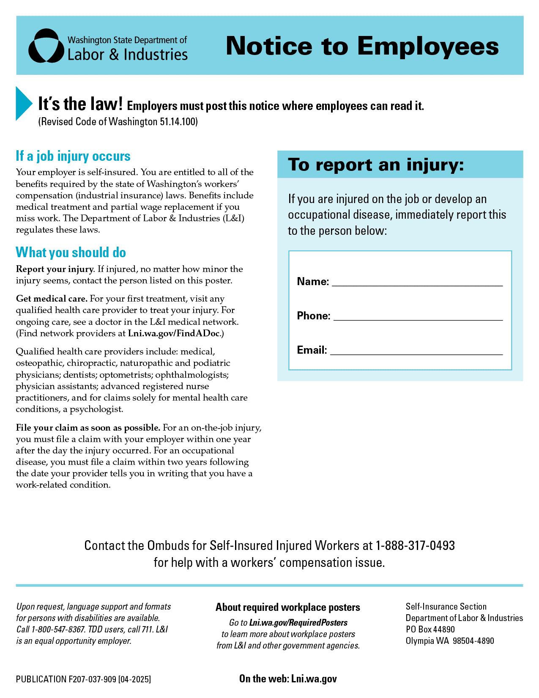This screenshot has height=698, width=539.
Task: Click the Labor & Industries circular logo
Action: pyautogui.click(x=46, y=46)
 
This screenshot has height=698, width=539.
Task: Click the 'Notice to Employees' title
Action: pyautogui.click(x=362, y=46)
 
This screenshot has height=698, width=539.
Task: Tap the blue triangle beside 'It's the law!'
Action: pyautogui.click(x=23, y=103)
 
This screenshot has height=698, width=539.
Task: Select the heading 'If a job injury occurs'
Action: pyautogui.click(x=73, y=156)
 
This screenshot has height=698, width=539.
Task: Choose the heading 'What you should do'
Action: pyautogui.click(x=71, y=253)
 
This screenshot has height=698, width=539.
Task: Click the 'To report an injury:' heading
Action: pyautogui.click(x=376, y=165)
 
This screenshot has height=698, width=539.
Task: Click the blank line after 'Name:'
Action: pyautogui.click(x=417, y=283)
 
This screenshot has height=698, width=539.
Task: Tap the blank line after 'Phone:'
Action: pyautogui.click(x=418, y=317)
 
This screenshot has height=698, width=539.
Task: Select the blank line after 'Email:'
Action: pyautogui.click(x=416, y=351)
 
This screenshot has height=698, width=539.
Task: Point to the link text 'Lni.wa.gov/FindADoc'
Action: pyautogui.click(x=174, y=333)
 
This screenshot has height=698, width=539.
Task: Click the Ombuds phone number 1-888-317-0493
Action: pyautogui.click(x=415, y=545)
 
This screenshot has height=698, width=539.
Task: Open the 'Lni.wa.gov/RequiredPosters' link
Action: pyautogui.click(x=298, y=623)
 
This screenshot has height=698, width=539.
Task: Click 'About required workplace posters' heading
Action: pyautogui.click(x=288, y=607)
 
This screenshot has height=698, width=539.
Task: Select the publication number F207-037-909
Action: pyautogui.click(x=92, y=679)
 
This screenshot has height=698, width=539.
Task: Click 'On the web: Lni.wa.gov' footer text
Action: pyautogui.click(x=288, y=679)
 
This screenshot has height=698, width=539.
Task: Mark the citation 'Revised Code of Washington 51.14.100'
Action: pyautogui.click(x=118, y=122)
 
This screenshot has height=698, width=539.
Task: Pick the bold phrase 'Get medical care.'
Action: pyautogui.click(x=52, y=299)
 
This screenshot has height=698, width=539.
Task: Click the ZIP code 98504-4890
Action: pyautogui.click(x=473, y=641)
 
